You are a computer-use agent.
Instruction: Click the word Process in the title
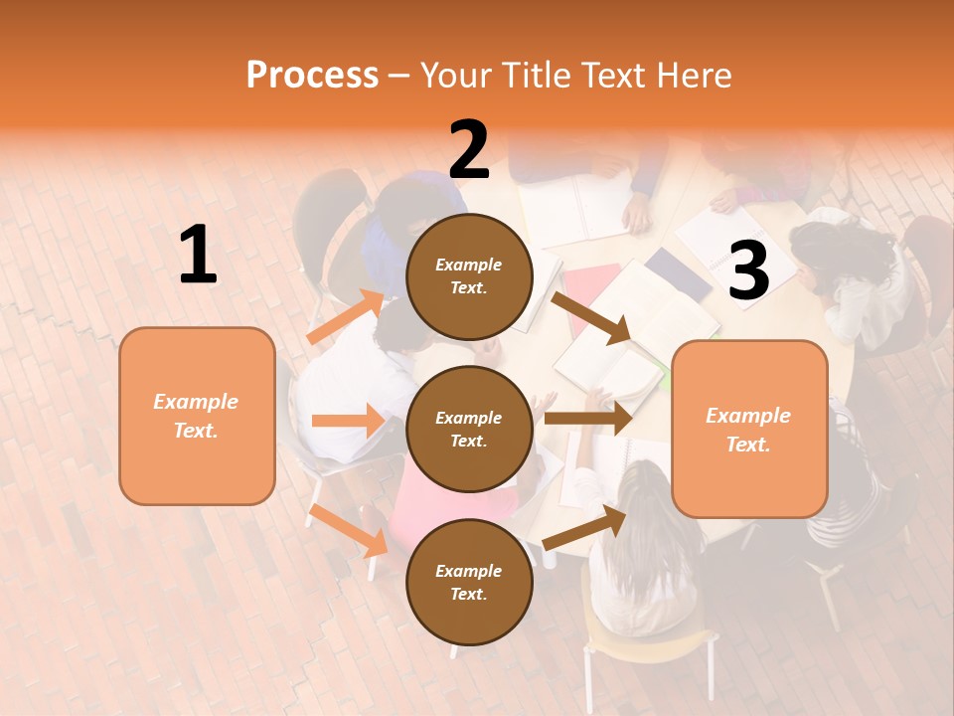click(312, 75)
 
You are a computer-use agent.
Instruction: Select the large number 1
click(198, 256)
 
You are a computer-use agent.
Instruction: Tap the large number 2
click(469, 150)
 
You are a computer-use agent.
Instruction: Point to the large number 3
click(748, 271)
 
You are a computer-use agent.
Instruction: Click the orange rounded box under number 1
click(197, 416)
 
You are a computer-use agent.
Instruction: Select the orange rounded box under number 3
click(749, 429)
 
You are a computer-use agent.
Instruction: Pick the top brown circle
click(469, 276)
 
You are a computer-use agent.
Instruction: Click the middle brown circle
click(469, 429)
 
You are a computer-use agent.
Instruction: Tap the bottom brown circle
click(469, 582)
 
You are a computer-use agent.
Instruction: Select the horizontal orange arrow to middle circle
click(348, 421)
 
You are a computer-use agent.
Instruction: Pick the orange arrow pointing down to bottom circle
click(348, 530)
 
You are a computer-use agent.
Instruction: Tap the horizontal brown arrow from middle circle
click(587, 419)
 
